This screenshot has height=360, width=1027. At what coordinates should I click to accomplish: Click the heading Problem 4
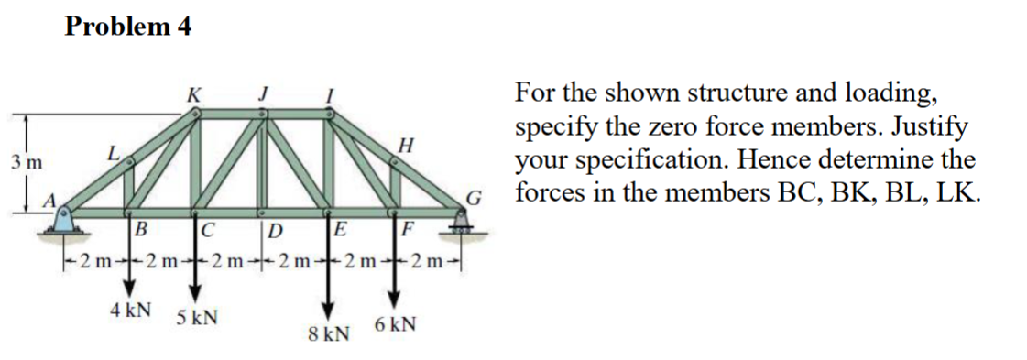click(x=128, y=27)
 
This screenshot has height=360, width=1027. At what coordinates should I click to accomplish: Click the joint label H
click(x=407, y=145)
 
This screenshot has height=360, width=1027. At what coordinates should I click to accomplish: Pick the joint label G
click(x=473, y=196)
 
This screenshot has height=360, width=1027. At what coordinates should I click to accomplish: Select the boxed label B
click(x=141, y=227)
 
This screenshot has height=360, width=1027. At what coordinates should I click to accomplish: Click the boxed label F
click(x=409, y=227)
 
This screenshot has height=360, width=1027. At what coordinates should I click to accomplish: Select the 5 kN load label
click(x=197, y=318)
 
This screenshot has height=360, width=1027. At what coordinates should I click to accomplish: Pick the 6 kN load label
click(x=396, y=324)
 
